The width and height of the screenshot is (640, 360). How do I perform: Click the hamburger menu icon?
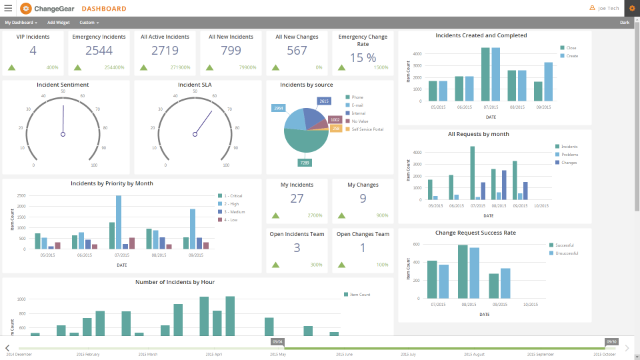coord(8,8)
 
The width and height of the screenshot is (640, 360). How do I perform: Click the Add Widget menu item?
coord(58,23)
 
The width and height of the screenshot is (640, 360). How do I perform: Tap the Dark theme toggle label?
coord(624,23)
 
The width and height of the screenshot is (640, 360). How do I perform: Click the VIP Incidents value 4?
coord(33,51)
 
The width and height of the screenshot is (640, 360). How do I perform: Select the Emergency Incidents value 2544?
coord(99,51)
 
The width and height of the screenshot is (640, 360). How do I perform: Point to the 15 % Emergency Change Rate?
coord(363,57)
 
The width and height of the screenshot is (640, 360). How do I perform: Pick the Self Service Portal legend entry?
coord(367,129)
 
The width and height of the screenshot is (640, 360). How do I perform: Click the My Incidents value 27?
coord(297,198)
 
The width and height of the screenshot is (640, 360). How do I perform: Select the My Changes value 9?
coord(363,198)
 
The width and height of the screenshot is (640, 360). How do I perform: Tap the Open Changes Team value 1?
coord(363,248)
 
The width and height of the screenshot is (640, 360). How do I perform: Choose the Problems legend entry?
coord(569,155)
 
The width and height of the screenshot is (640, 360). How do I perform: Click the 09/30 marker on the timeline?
coord(611,341)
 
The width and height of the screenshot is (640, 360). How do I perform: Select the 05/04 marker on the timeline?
coord(277,341)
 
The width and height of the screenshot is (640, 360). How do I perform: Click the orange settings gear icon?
coord(632,8)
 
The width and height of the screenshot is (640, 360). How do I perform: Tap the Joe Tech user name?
coord(608,8)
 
